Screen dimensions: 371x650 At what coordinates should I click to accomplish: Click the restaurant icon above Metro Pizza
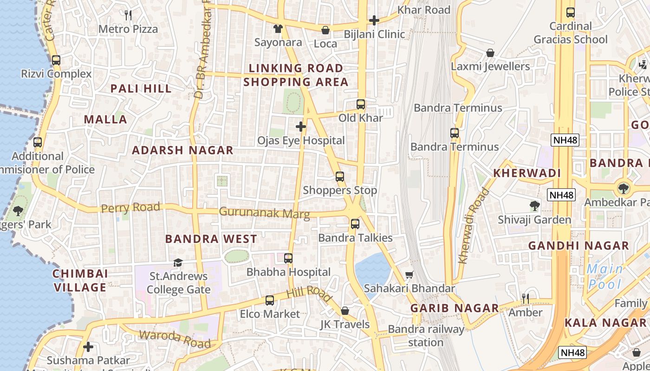pyautogui.click(x=128, y=15)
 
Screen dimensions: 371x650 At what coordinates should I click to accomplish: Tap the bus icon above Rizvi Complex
pyautogui.click(x=56, y=60)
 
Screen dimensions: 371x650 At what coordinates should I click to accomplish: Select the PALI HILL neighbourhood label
pyautogui.click(x=141, y=89)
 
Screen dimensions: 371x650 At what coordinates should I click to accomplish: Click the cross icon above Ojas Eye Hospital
pyautogui.click(x=301, y=126)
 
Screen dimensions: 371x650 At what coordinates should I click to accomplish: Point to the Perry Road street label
pyautogui.click(x=130, y=208)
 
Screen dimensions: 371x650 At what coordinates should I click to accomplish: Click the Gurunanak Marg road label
pyautogui.click(x=264, y=213)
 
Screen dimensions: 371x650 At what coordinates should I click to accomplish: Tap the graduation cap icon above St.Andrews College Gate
pyautogui.click(x=178, y=263)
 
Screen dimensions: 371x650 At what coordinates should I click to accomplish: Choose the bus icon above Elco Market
pyautogui.click(x=270, y=301)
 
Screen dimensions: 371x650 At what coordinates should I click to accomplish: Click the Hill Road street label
pyautogui.click(x=309, y=294)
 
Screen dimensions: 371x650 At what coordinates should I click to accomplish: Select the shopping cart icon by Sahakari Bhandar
pyautogui.click(x=409, y=275)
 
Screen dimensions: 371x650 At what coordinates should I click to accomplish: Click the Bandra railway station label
pyautogui.click(x=426, y=336)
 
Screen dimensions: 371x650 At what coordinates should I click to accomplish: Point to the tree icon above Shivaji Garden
pyautogui.click(x=535, y=206)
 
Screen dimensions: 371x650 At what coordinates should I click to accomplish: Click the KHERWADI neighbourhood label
pyautogui.click(x=527, y=173)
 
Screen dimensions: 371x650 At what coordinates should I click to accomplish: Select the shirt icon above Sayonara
pyautogui.click(x=278, y=29)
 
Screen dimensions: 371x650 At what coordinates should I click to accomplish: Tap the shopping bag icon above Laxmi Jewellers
pyautogui.click(x=490, y=53)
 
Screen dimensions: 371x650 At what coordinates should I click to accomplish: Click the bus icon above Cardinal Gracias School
pyautogui.click(x=571, y=13)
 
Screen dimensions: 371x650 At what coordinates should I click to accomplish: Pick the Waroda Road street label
pyautogui.click(x=175, y=339)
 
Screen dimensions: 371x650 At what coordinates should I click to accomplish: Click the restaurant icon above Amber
pyautogui.click(x=526, y=299)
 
